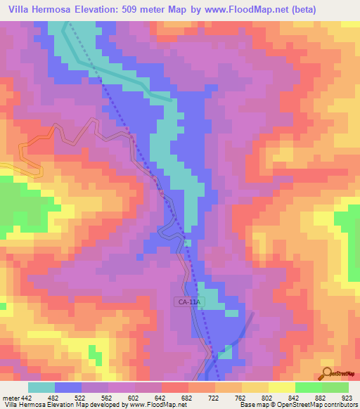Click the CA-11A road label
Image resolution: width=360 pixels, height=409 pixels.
[x=188, y=302]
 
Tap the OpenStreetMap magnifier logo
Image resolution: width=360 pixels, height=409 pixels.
[x=327, y=374]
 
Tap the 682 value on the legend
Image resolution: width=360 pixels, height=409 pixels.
[x=187, y=397]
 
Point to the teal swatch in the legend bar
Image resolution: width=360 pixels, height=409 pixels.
[x=41, y=387]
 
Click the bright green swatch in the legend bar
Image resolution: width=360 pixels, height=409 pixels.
[x=308, y=387]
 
